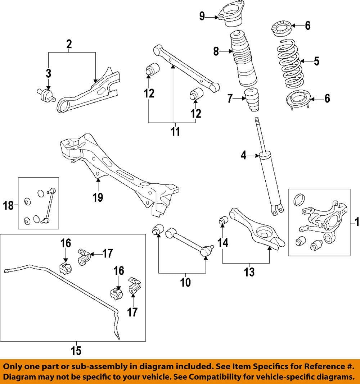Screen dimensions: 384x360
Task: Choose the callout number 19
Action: coord(98,197)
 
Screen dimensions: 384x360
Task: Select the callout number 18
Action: coord(8,206)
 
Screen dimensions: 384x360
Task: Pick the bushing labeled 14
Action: coord(223,220)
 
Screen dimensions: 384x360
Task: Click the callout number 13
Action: coord(249,272)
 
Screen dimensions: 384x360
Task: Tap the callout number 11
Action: coord(175,132)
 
